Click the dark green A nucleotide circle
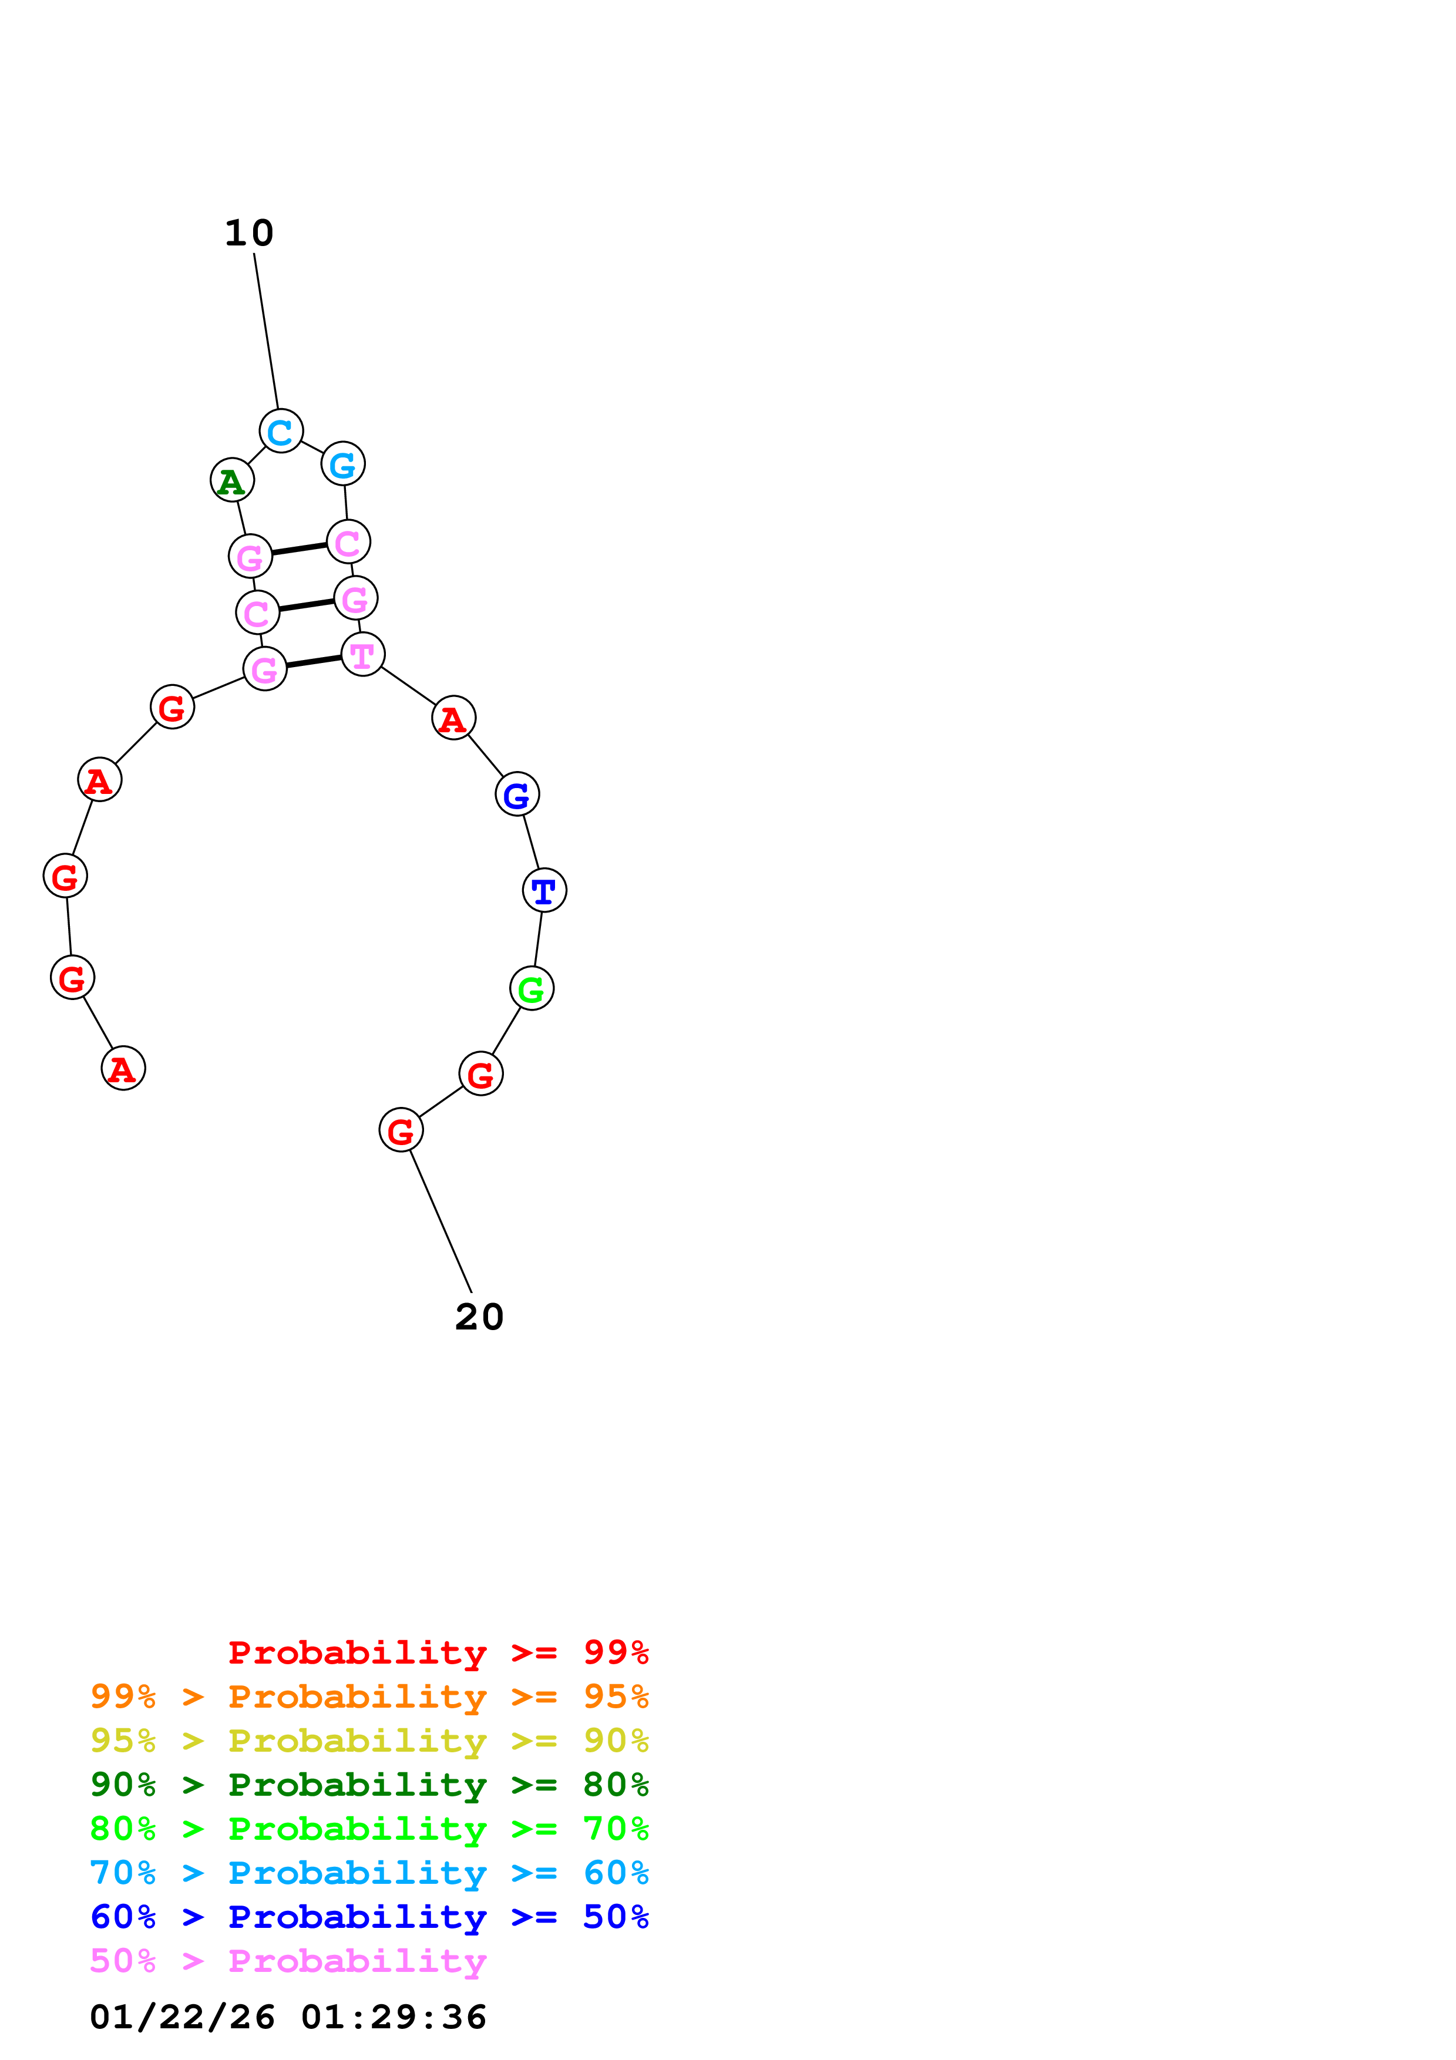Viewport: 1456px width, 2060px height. pyautogui.click(x=233, y=481)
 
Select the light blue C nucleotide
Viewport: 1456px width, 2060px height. pyautogui.click(x=281, y=432)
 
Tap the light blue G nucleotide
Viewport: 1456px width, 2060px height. pyautogui.click(x=342, y=464)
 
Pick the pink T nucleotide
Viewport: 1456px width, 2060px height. pyautogui.click(x=362, y=654)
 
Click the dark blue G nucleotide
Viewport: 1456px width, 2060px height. pyautogui.click(x=517, y=794)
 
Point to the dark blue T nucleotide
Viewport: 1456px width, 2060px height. pyautogui.click(x=544, y=890)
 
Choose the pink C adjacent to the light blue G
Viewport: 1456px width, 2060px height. pyautogui.click(x=348, y=542)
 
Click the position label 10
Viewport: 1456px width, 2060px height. pyautogui.click(x=248, y=233)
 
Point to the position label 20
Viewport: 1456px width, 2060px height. pyautogui.click(x=479, y=1317)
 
